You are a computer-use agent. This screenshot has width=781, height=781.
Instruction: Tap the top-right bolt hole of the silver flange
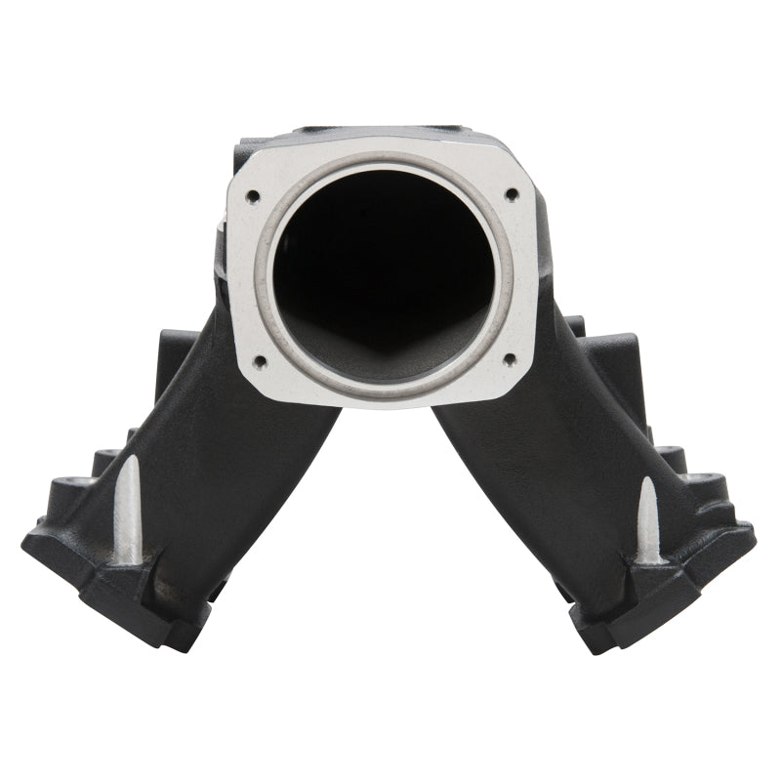pos(511,194)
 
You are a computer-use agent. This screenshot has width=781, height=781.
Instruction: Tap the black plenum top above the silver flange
pos(381,137)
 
